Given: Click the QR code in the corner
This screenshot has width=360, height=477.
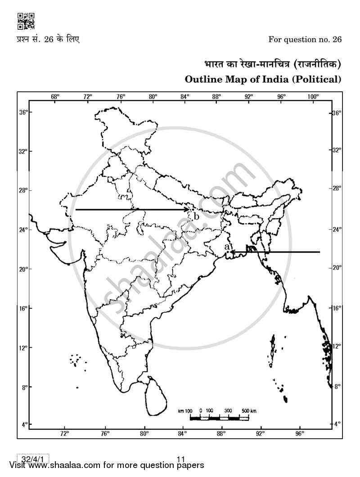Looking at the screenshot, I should (x=25, y=21).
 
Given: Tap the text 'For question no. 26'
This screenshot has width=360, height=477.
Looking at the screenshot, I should (x=305, y=39).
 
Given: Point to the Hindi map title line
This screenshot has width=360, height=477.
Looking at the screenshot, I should (x=270, y=64).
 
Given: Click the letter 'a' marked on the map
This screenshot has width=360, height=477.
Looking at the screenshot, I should (x=227, y=247).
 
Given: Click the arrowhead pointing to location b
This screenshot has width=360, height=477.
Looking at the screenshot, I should (x=187, y=210).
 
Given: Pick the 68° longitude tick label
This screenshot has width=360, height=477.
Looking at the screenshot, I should (x=55, y=97).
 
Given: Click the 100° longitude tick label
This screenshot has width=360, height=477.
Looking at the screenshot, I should (x=313, y=97).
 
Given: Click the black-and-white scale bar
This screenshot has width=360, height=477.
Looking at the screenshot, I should (x=219, y=418).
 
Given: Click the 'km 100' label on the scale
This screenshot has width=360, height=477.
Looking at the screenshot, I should (x=185, y=411).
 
